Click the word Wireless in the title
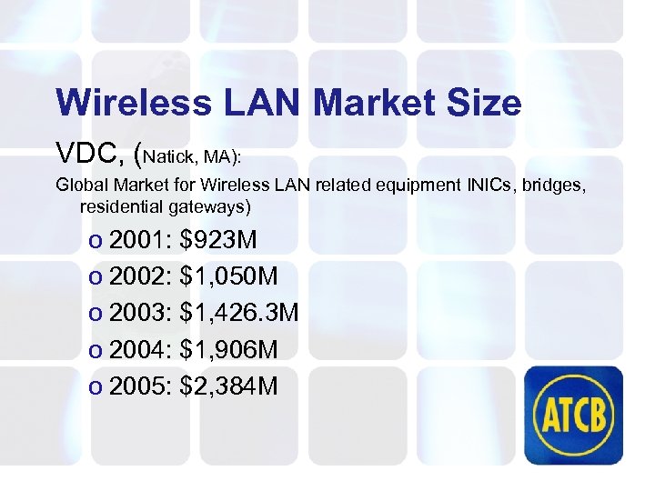pos(120,103)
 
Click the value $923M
pos(219,240)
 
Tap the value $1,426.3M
pos(240,314)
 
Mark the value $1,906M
pos(230,350)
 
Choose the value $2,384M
pos(230,387)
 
